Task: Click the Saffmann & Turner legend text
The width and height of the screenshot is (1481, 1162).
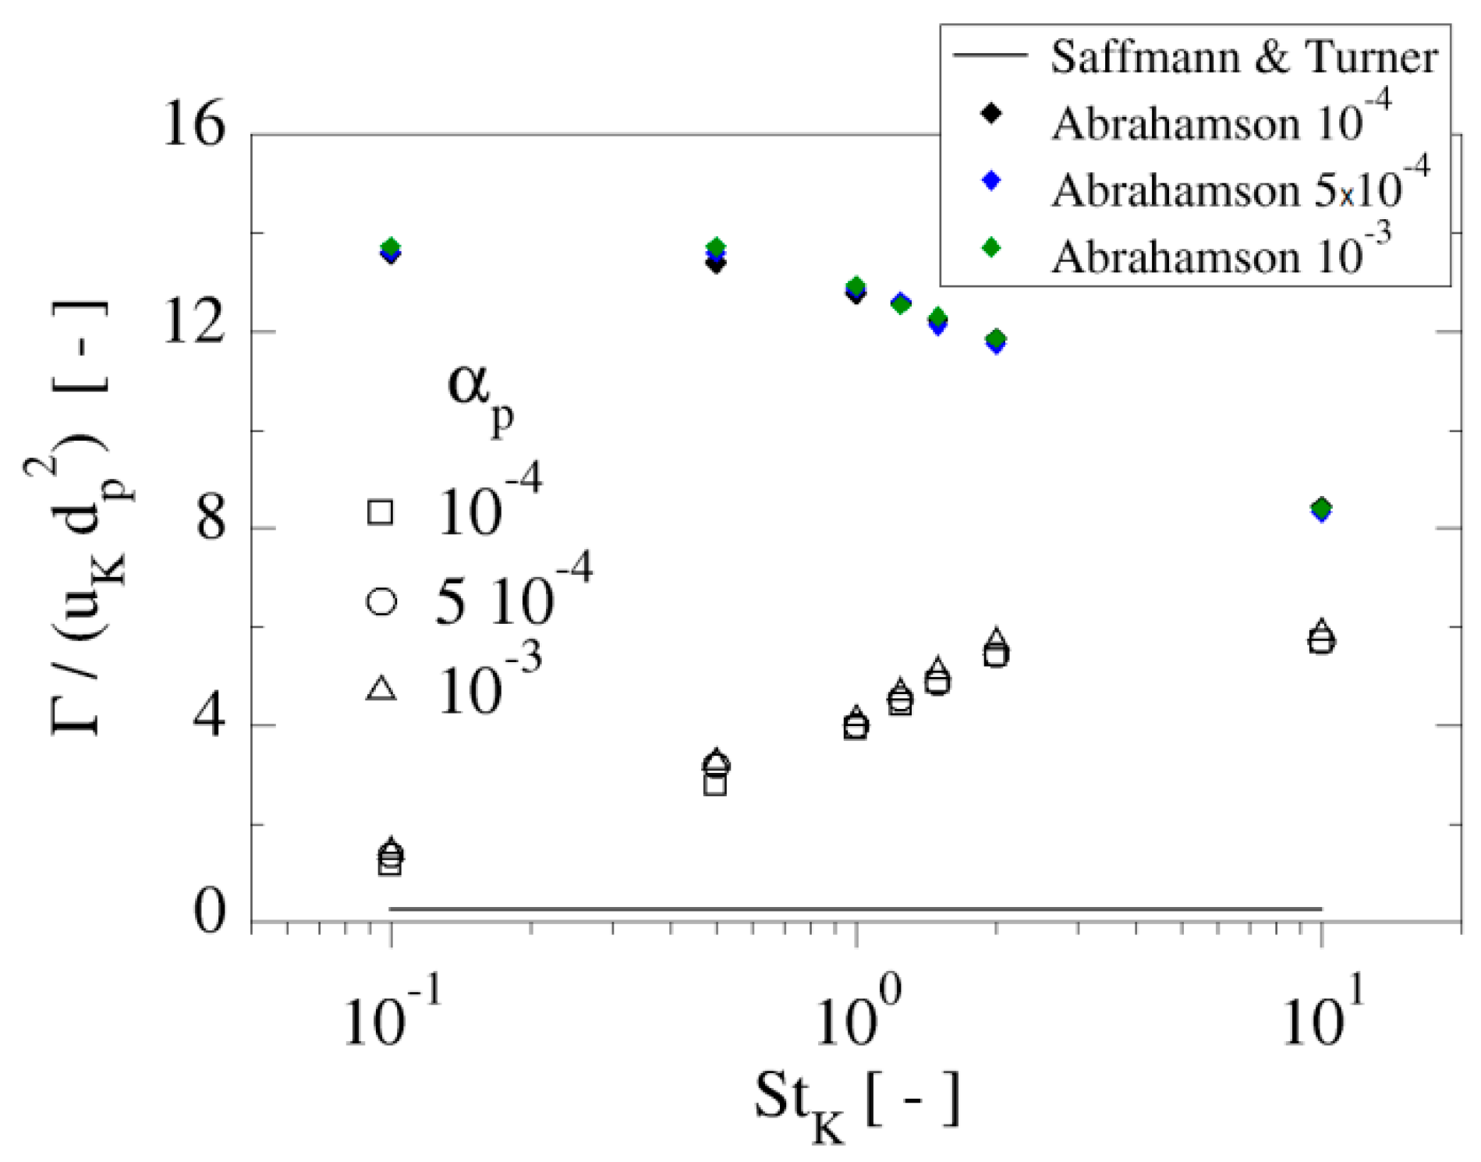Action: click(1243, 57)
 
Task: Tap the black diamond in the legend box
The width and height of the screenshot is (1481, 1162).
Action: click(991, 114)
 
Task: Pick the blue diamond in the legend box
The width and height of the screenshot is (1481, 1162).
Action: click(991, 181)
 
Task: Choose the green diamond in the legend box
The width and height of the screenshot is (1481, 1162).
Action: click(991, 248)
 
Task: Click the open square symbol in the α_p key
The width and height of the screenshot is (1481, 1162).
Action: click(381, 512)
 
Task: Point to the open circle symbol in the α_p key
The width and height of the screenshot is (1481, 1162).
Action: click(381, 601)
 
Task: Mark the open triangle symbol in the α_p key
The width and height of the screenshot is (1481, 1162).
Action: click(381, 688)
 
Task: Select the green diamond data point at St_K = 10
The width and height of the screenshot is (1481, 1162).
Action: click(1321, 508)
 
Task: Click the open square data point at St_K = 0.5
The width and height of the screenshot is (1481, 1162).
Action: click(715, 785)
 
